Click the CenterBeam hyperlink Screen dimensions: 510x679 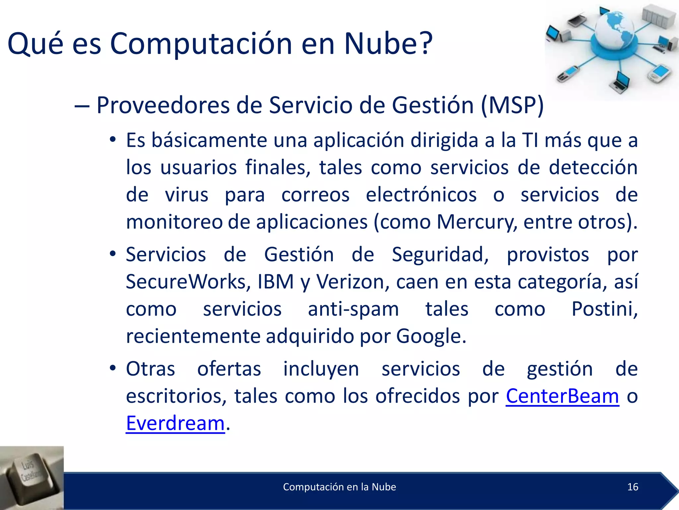(562, 396)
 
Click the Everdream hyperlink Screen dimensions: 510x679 (175, 423)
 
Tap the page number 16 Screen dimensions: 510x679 (633, 487)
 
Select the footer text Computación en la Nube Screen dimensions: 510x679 (339, 487)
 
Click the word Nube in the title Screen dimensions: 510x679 (388, 43)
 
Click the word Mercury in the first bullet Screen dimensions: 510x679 (475, 222)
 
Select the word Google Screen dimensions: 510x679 (431, 336)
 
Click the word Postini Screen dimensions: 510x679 (604, 309)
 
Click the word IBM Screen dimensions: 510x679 (276, 282)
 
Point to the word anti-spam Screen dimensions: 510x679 (353, 309)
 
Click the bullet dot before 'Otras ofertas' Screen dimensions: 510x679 (113, 368)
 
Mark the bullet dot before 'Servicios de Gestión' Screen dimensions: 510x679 (113, 254)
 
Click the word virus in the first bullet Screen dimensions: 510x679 (187, 195)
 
